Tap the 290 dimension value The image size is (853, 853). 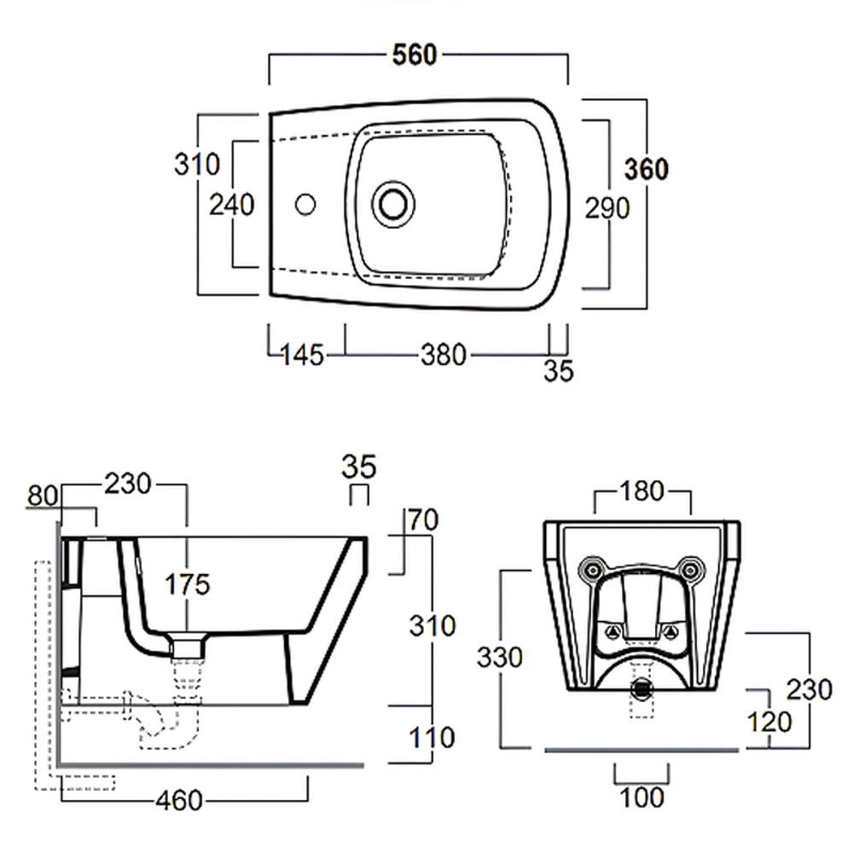606,207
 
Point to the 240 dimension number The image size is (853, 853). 232,205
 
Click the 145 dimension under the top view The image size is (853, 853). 303,355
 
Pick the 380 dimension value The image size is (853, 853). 445,354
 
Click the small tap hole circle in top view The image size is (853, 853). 305,204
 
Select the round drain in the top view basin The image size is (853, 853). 393,203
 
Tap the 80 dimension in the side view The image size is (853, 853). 43,496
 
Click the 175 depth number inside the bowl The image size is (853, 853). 186,584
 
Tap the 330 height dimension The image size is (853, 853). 499,656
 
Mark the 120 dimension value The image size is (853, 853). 769,721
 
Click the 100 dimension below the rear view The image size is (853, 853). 641,798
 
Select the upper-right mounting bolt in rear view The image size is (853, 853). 693,569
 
